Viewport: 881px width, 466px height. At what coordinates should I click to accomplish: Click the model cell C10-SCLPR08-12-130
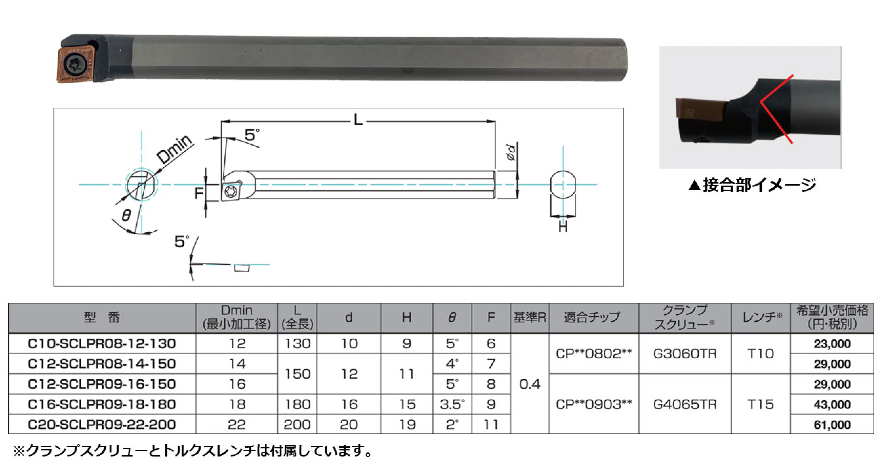(x=102, y=344)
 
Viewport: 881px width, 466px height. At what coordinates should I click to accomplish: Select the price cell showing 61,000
(x=832, y=425)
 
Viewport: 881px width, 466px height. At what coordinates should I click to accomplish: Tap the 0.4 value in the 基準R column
(x=529, y=384)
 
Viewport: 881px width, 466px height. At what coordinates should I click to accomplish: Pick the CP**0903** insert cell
(x=593, y=404)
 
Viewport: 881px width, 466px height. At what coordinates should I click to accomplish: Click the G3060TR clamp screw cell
(x=685, y=354)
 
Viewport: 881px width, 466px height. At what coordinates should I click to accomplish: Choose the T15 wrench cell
(x=760, y=404)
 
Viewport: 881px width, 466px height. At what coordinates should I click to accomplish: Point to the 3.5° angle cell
(x=452, y=404)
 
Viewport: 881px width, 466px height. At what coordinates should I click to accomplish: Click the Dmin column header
(x=236, y=318)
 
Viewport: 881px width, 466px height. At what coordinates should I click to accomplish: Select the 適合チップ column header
(x=593, y=318)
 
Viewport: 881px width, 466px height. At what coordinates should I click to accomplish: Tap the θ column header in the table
(x=452, y=318)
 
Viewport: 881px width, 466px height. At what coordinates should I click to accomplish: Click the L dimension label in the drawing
(x=358, y=120)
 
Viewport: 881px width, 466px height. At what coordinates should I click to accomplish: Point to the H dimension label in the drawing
(x=562, y=227)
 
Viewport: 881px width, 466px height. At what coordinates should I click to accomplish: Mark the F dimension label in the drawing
(x=199, y=193)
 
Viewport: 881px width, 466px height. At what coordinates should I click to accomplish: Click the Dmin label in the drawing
(x=175, y=149)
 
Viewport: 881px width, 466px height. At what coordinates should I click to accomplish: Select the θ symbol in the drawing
(x=126, y=215)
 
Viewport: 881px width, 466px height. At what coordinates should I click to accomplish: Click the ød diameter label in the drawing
(x=511, y=152)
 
